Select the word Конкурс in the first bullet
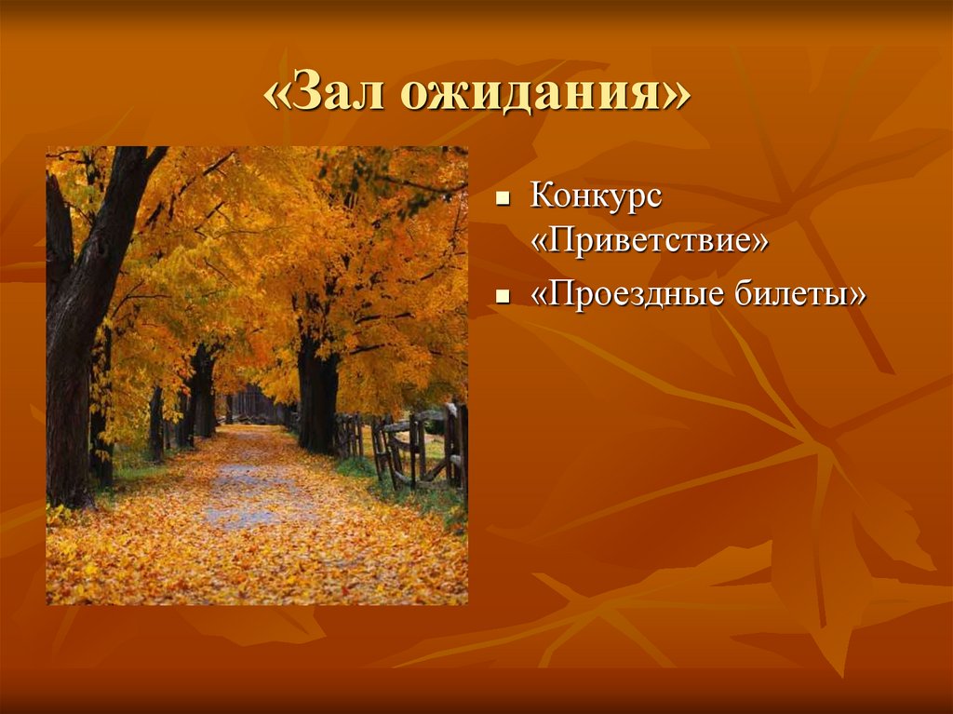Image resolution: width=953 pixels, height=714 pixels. pyautogui.click(x=597, y=196)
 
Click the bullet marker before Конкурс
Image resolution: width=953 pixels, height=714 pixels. pyautogui.click(x=503, y=199)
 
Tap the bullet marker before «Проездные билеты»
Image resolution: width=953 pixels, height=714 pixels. pyautogui.click(x=503, y=298)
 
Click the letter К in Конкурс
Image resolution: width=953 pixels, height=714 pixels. pyautogui.click(x=542, y=196)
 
